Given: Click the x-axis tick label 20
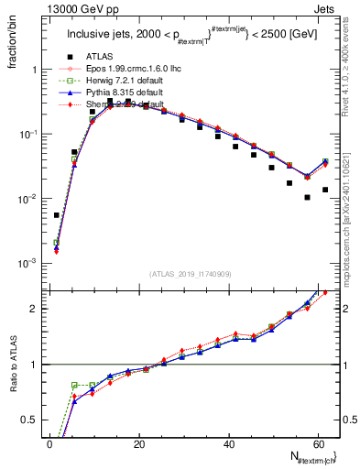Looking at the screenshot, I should pos(139,444).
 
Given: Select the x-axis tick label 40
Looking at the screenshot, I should pos(229,444).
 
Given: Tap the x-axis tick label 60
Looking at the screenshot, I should pos(318,444).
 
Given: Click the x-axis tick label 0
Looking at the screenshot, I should pos(50,444).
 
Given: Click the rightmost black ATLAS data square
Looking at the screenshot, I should pos(325,190).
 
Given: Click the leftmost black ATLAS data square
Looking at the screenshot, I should pos(57,215).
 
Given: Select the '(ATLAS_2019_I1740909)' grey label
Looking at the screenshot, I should pos(191,274).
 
